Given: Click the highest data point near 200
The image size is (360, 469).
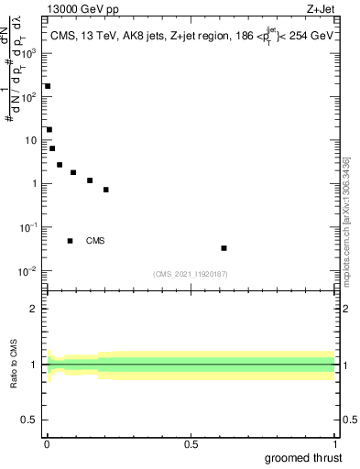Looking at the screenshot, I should [48, 86].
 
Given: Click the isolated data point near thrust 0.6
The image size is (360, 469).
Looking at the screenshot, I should [224, 248].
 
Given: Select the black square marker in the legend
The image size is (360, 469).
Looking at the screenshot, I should [70, 241].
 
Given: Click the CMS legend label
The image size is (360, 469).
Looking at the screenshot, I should [95, 241].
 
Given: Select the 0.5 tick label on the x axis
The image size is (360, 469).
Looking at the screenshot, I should [191, 443].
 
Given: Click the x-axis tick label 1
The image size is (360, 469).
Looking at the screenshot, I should [335, 443].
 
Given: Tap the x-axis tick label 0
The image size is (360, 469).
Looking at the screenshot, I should [47, 443].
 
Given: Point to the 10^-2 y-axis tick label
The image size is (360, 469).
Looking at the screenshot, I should [29, 270].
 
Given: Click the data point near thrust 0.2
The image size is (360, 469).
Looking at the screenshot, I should [106, 190].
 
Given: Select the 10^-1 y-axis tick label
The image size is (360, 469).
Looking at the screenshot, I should [29, 227].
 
